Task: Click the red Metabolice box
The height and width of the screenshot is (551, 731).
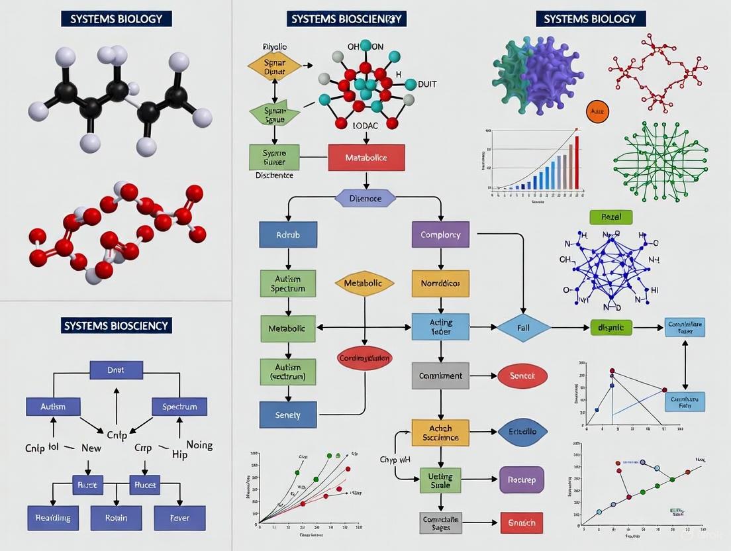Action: click(x=366, y=158)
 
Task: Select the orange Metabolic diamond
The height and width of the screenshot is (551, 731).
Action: click(x=364, y=283)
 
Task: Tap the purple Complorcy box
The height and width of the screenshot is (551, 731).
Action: click(x=440, y=234)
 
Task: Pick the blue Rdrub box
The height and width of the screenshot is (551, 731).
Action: click(x=287, y=234)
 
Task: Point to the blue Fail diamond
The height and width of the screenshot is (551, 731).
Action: click(x=524, y=328)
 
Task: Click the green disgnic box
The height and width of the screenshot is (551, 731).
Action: click(x=610, y=326)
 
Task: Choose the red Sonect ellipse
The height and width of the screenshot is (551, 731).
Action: click(x=522, y=376)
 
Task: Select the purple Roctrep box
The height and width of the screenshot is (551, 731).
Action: click(x=521, y=479)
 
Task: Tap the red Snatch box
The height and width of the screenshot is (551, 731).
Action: click(x=521, y=523)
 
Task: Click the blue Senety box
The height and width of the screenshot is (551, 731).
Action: click(x=287, y=415)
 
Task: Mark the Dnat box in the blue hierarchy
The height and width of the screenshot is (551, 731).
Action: click(x=116, y=370)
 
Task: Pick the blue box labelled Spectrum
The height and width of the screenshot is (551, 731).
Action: click(x=179, y=407)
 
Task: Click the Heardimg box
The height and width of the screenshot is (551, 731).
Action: click(x=53, y=517)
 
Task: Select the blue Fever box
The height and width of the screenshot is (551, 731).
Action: click(x=179, y=517)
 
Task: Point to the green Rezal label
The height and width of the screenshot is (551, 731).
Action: click(x=610, y=217)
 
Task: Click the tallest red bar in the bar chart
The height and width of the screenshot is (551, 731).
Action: click(x=576, y=162)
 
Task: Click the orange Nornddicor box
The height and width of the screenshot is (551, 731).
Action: click(x=440, y=283)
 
